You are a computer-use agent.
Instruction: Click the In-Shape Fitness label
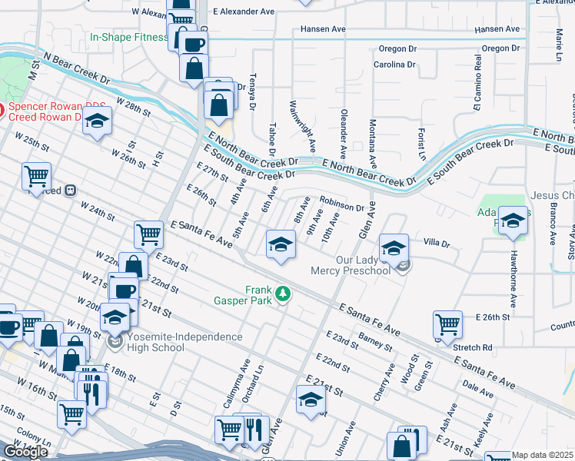pyautogui.click(x=128, y=37)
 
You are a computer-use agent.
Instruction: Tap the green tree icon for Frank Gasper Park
pyautogui.click(x=284, y=294)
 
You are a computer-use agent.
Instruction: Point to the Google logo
pyautogui.click(x=25, y=451)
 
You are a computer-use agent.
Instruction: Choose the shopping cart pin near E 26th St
pyautogui.click(x=447, y=324)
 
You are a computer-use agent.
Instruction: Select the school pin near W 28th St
pyautogui.click(x=98, y=121)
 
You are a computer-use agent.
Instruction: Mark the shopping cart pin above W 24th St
pyautogui.click(x=36, y=177)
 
